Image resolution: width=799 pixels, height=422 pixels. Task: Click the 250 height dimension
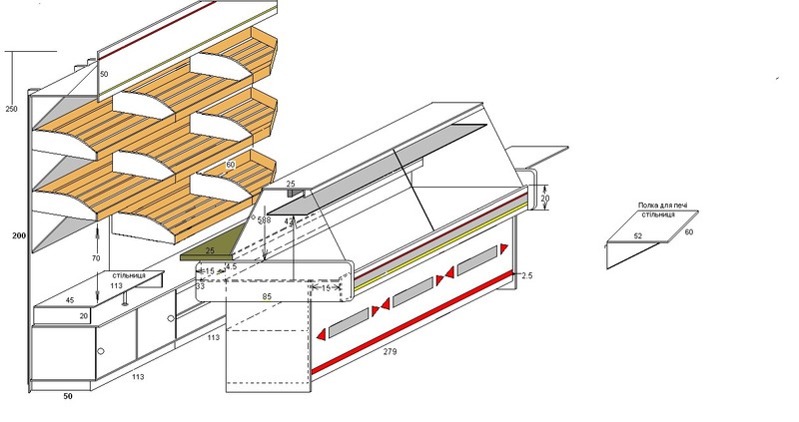point(11,108)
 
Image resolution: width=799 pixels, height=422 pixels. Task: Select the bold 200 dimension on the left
point(16,236)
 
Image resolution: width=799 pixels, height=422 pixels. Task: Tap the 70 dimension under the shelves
point(95,257)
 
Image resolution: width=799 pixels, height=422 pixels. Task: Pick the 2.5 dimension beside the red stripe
point(527,275)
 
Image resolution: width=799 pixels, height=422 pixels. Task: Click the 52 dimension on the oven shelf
point(636,236)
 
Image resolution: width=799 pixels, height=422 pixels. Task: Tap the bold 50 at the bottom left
point(68,396)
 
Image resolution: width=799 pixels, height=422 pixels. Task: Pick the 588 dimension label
point(264,219)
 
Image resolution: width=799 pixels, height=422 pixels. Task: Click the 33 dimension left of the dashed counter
point(200,286)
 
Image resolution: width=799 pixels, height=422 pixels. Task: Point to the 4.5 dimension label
point(230,267)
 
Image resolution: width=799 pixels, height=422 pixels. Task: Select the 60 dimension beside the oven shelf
point(688,231)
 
